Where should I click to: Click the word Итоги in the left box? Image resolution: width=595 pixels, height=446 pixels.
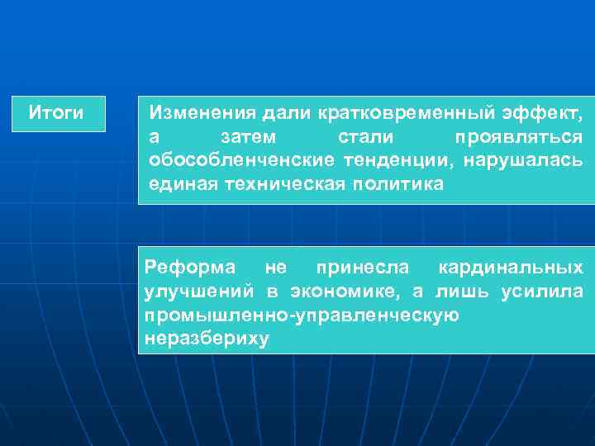click(x=56, y=112)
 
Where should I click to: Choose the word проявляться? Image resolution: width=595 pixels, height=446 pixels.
click(x=518, y=135)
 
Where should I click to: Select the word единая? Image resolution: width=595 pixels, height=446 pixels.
click(x=182, y=183)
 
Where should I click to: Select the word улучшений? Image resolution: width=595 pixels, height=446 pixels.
click(x=199, y=292)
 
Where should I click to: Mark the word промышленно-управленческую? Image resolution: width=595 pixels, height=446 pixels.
click(x=302, y=316)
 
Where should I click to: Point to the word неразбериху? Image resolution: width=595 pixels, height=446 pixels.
click(x=207, y=339)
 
